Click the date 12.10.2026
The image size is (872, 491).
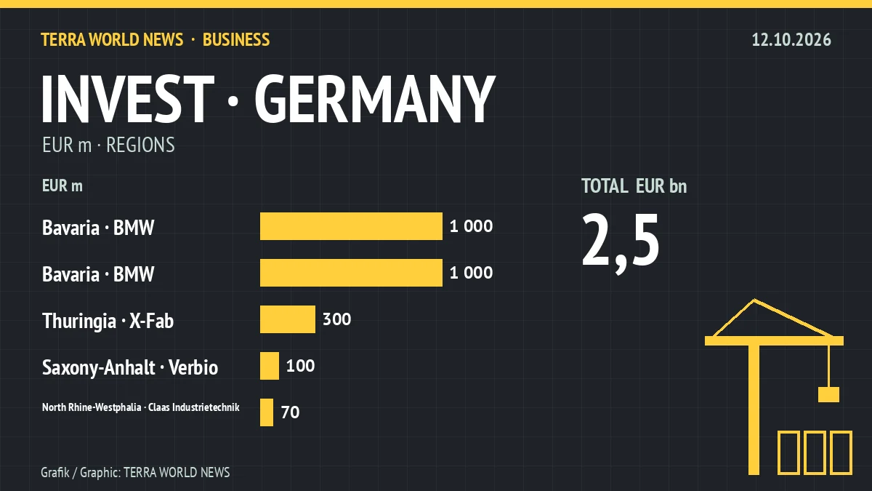[791, 40]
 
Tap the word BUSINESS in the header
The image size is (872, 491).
[236, 40]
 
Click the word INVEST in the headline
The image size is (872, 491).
[128, 99]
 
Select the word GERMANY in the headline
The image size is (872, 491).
[375, 99]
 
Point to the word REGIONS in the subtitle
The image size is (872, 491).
[140, 145]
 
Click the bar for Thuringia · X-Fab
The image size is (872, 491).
[288, 319]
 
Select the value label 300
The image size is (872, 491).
[336, 319]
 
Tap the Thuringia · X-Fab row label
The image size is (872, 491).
[108, 322]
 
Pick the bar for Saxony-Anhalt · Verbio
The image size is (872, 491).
[270, 366]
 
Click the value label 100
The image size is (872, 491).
[301, 366]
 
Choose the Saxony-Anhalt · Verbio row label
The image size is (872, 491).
[130, 368]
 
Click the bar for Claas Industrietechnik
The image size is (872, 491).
[267, 412]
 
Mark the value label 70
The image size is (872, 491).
[291, 412]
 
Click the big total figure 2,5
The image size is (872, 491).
[621, 242]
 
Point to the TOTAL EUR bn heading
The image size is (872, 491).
[634, 186]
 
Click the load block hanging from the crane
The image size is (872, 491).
[828, 394]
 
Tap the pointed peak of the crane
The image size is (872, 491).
[754, 300]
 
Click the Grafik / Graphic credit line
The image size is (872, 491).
[135, 473]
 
